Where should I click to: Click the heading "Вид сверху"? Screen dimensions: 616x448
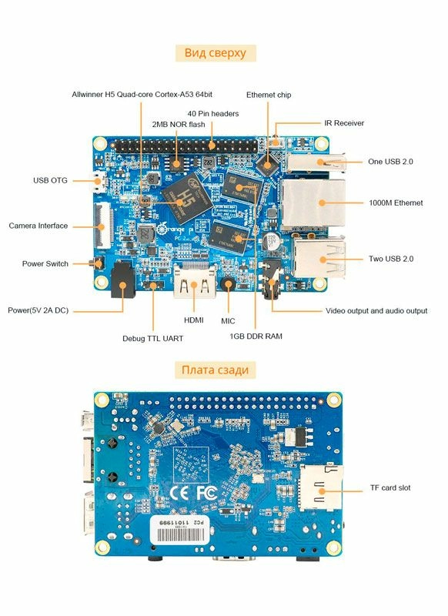click(215, 52)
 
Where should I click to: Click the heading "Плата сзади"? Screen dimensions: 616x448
click(215, 370)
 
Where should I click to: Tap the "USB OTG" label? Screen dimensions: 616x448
click(50, 180)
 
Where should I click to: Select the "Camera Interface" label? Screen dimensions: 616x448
click(38, 226)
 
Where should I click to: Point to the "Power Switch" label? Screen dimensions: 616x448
click(45, 263)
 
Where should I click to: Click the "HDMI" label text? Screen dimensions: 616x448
click(193, 320)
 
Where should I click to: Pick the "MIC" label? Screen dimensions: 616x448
click(228, 320)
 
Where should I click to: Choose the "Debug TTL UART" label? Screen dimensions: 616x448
click(152, 338)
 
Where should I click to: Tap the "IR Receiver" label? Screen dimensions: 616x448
click(344, 122)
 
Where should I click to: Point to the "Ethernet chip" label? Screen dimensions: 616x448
click(269, 95)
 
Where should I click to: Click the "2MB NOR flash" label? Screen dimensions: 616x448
click(178, 123)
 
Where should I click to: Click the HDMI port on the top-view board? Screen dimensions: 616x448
click(194, 283)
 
